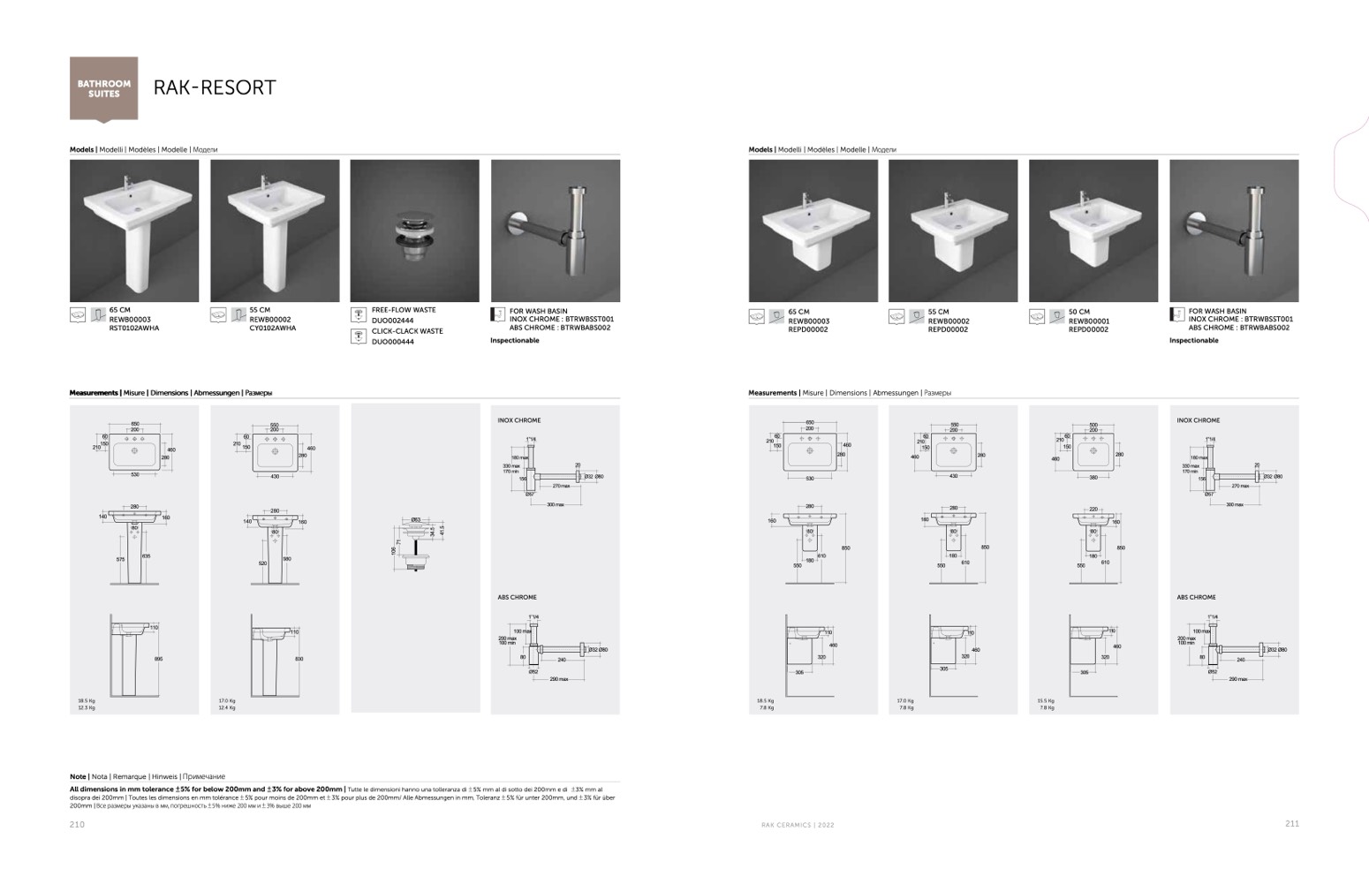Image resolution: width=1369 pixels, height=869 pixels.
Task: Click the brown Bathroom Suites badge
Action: (x=103, y=87)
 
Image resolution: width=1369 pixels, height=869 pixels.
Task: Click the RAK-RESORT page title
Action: (x=215, y=87)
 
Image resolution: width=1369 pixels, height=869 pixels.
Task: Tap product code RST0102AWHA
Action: (x=134, y=329)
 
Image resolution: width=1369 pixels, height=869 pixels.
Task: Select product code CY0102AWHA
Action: (x=273, y=329)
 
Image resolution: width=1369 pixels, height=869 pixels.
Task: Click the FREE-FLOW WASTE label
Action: (x=404, y=310)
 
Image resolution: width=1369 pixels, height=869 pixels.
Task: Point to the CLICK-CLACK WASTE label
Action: (x=407, y=331)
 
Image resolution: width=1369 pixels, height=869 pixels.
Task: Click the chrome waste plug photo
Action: (x=414, y=231)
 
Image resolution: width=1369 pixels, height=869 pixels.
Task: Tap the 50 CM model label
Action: (x=1078, y=312)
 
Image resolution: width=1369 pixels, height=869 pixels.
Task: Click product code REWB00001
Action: (x=1089, y=321)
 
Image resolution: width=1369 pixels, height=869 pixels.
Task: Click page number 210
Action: (x=78, y=824)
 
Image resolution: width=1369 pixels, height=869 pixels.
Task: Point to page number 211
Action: (x=1291, y=824)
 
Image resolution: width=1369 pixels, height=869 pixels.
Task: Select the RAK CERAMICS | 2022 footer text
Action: (x=798, y=825)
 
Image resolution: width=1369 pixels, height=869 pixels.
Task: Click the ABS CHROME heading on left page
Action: (x=517, y=597)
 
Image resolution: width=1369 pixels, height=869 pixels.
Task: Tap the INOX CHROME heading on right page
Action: (x=1198, y=420)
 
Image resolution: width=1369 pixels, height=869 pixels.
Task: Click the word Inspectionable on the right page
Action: (x=1193, y=341)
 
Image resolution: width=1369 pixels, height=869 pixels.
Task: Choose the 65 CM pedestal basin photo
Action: (x=134, y=231)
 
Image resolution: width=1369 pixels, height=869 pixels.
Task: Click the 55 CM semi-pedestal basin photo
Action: (x=953, y=231)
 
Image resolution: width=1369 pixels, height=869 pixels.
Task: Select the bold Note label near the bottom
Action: (x=79, y=777)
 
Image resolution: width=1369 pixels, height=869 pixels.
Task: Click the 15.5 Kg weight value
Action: (x=1046, y=700)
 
